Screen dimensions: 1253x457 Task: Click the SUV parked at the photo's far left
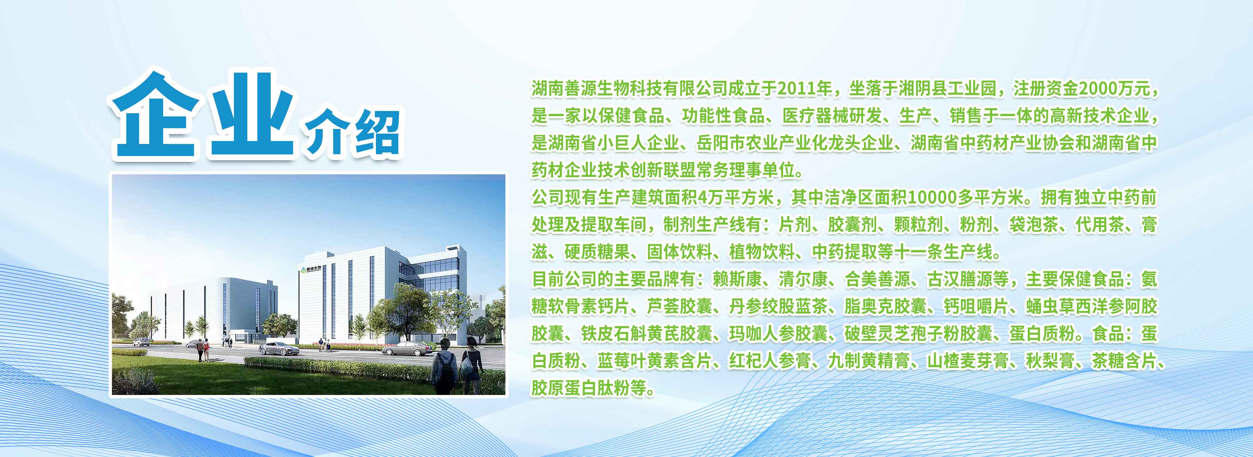[x=141, y=342]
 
